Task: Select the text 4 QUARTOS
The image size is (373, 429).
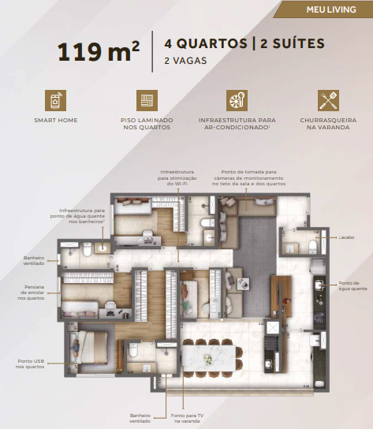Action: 202,43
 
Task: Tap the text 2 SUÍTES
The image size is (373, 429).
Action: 290,43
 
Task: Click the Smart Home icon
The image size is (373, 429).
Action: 55,100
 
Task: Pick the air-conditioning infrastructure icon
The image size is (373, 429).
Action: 237,100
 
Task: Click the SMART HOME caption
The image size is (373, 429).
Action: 55,121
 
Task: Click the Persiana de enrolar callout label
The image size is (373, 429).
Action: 30,293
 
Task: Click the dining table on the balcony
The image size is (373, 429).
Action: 209,359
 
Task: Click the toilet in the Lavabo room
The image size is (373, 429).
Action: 312,247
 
